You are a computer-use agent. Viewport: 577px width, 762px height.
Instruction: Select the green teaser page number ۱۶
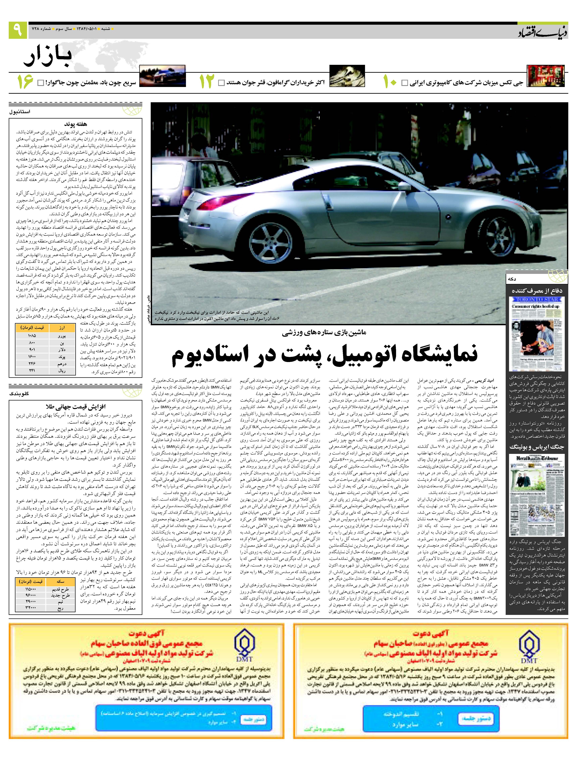tap(25, 82)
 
